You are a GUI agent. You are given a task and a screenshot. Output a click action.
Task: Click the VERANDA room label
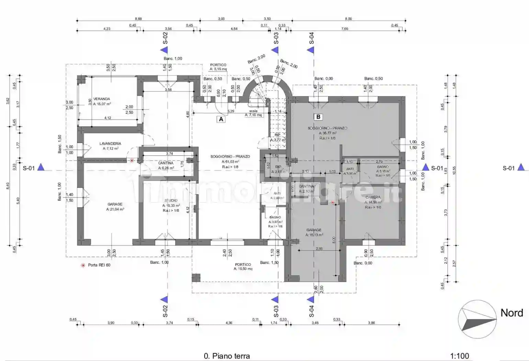(x=102, y=99)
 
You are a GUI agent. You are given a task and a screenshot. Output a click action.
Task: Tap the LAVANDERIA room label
(x=110, y=144)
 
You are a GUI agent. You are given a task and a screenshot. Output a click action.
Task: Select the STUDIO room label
(x=171, y=200)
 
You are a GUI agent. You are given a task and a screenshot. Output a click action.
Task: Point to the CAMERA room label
(x=373, y=197)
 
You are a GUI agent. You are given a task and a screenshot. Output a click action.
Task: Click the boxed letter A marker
(x=221, y=119)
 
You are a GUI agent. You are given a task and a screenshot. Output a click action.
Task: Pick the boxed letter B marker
(x=318, y=117)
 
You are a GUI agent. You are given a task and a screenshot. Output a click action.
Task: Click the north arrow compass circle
(x=477, y=319)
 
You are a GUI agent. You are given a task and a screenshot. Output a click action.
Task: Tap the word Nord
(x=511, y=313)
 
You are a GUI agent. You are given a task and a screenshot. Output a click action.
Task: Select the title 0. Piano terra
(x=227, y=356)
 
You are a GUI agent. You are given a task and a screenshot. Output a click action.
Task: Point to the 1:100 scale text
(x=459, y=356)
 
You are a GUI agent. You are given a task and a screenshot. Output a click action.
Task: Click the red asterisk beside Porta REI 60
(x=83, y=265)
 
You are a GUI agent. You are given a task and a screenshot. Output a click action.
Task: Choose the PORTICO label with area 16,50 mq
(x=243, y=265)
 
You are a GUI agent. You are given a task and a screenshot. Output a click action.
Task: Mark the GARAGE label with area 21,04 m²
(x=115, y=204)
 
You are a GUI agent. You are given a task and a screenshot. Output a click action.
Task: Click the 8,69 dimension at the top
(x=138, y=19)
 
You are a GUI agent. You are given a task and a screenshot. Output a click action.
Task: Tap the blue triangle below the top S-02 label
(x=164, y=50)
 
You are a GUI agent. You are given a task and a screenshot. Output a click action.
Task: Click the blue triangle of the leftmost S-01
(x=41, y=167)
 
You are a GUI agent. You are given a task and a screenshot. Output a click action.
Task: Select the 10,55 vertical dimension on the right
(x=454, y=171)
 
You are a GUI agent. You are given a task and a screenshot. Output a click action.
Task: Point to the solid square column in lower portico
(x=196, y=277)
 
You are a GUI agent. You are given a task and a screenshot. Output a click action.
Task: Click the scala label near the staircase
(x=253, y=111)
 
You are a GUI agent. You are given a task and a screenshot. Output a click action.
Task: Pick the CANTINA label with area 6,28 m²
(x=166, y=163)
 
